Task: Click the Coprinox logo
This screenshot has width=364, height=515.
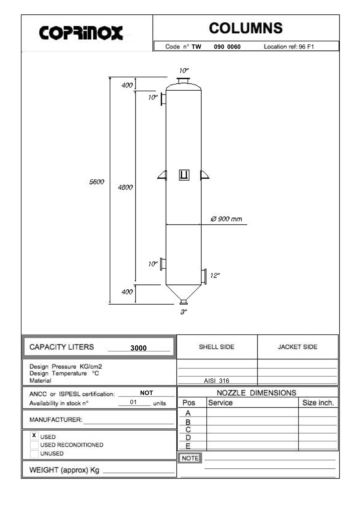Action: [x=81, y=33]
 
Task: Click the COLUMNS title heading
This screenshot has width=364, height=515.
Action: [x=246, y=28]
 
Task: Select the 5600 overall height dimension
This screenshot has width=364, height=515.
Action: [x=97, y=182]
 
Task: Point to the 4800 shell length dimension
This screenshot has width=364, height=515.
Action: [x=125, y=187]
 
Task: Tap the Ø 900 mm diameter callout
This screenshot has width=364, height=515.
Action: [x=226, y=219]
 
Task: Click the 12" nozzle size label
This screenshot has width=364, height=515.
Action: [x=215, y=275]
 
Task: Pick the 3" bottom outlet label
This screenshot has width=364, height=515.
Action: [x=184, y=312]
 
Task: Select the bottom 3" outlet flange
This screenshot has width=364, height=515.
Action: [x=184, y=302]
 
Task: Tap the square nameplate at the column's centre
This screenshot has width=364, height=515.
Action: [x=184, y=175]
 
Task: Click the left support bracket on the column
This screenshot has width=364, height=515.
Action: [x=162, y=175]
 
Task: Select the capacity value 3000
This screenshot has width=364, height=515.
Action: [x=138, y=348]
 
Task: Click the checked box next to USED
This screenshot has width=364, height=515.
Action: [x=34, y=435]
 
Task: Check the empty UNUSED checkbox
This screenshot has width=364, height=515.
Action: [x=34, y=454]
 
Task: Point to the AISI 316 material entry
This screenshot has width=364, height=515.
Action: [x=217, y=381]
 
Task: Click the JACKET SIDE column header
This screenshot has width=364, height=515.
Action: [x=298, y=347]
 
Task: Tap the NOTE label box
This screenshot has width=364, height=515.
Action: [x=190, y=458]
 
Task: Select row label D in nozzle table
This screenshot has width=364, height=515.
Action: [x=188, y=438]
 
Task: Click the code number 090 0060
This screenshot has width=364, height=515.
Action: [x=227, y=47]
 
